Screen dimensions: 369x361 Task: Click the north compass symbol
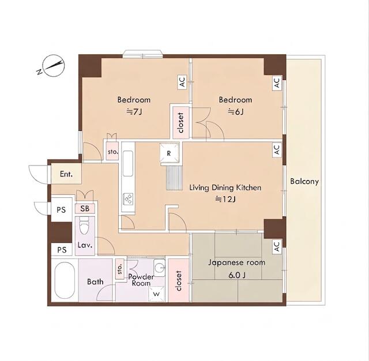coord(53,66)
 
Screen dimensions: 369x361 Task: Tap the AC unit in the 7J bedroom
coord(182,82)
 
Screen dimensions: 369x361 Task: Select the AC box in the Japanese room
coord(277,247)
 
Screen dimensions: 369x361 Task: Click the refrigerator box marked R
coord(169,153)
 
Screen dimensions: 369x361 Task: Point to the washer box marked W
coord(156,294)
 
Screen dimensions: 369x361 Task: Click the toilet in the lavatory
coord(84,225)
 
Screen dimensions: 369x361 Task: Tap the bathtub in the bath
coord(65,280)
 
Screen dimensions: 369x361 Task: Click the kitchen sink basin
coord(128,164)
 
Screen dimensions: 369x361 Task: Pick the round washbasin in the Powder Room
coord(159,268)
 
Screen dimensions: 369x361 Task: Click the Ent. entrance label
coord(66,174)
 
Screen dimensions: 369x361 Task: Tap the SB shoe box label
coord(85,209)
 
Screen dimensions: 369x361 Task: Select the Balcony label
coord(304,182)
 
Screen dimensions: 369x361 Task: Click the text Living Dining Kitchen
coord(225,187)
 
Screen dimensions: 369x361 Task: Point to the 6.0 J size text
coord(237,275)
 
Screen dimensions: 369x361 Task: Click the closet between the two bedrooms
coord(180,122)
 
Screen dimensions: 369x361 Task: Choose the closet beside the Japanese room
coord(179,280)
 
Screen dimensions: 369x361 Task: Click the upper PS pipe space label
coord(61,210)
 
